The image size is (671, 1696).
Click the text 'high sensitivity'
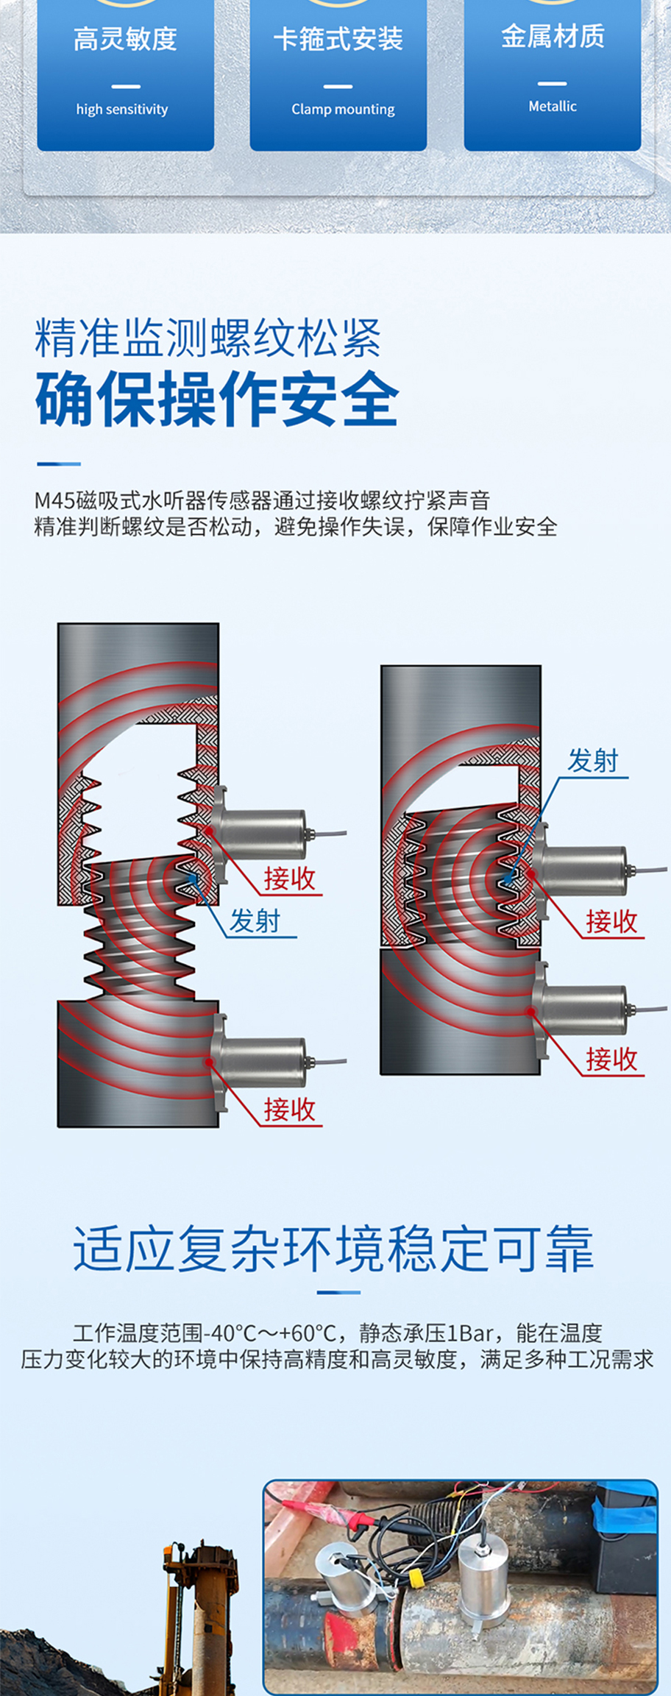(x=122, y=110)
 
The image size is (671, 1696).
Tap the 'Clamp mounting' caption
(x=343, y=110)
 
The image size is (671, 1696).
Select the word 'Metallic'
(x=552, y=107)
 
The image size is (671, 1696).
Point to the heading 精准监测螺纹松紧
(x=207, y=338)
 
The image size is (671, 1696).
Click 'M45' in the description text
(x=54, y=500)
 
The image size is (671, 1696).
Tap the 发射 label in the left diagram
(x=255, y=920)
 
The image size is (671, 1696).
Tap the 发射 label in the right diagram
(x=593, y=760)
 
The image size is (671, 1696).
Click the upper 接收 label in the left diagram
(x=290, y=879)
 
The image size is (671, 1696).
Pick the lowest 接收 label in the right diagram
(x=611, y=1060)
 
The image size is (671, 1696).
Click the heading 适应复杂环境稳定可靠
(x=334, y=1249)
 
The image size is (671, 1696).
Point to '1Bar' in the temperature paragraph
(x=470, y=1333)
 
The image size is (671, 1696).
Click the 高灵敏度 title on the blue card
(x=125, y=39)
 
